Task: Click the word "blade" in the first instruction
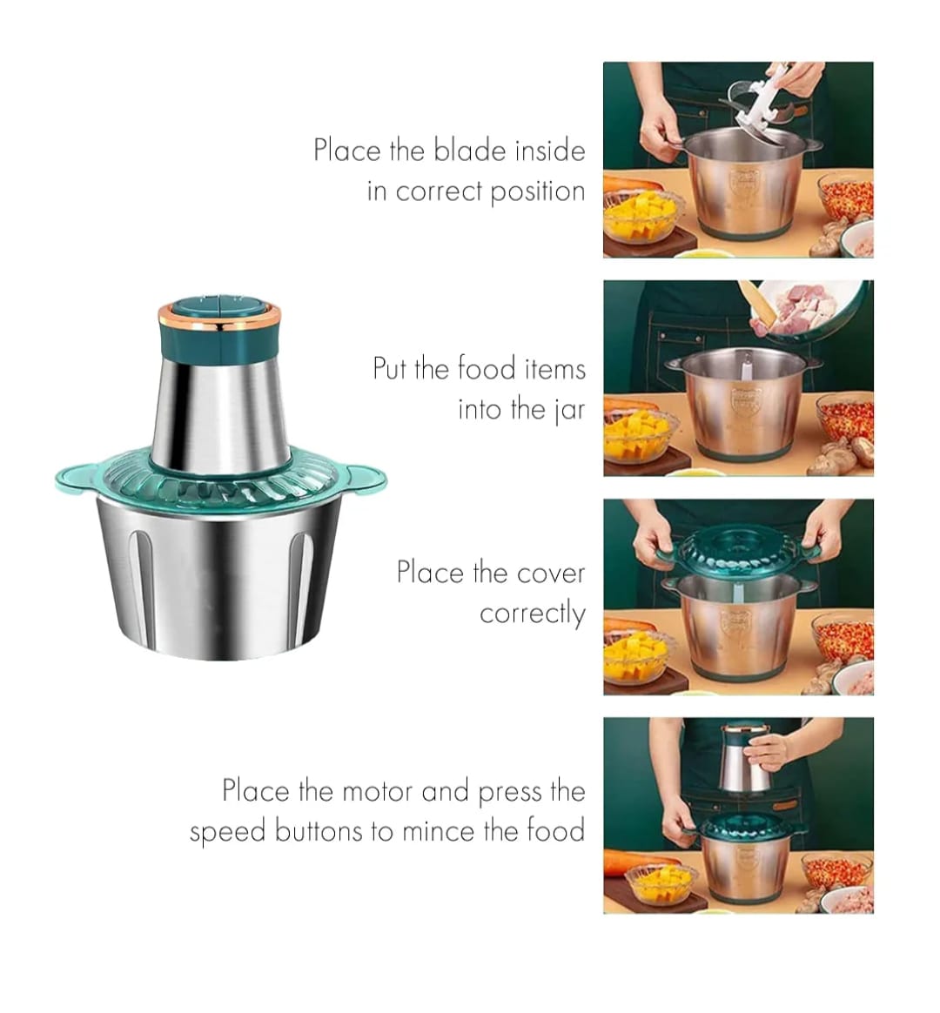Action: coord(470,151)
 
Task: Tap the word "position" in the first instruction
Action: coord(537,191)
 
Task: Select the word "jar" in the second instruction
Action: coord(570,410)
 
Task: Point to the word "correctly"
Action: coord(533,614)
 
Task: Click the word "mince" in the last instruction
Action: coord(439,831)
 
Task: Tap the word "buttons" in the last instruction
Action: coord(319,831)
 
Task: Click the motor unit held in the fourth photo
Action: coord(747,757)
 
